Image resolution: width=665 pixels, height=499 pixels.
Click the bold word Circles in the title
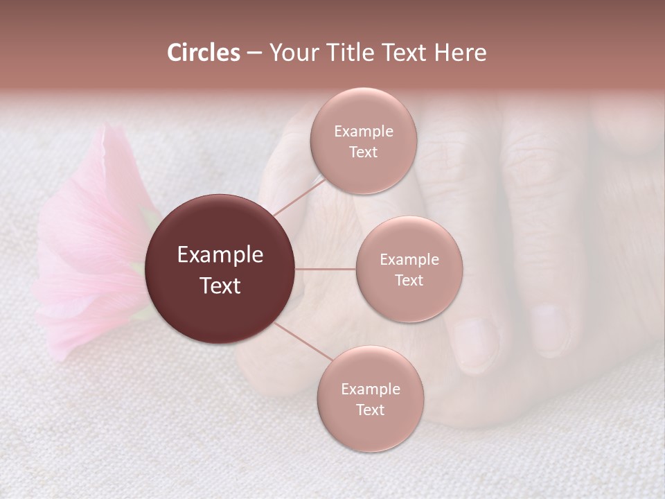(x=203, y=53)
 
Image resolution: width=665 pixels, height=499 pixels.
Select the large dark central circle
(x=220, y=269)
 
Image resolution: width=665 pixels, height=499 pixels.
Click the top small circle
(x=363, y=141)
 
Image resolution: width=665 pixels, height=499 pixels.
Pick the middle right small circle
(x=409, y=269)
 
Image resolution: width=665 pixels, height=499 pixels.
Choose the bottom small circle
(x=370, y=399)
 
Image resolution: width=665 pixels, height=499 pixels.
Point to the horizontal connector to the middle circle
(x=326, y=269)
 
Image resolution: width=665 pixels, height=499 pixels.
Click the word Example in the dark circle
(x=220, y=255)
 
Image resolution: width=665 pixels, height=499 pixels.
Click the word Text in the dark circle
(x=220, y=285)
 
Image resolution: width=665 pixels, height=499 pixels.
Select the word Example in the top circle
(x=363, y=131)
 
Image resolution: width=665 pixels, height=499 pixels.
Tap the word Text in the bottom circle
(x=370, y=410)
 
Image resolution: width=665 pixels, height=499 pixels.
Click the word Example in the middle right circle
(x=409, y=260)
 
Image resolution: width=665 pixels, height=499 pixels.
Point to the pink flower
(x=90, y=243)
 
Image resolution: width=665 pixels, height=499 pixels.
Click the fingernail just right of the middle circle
(x=477, y=340)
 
